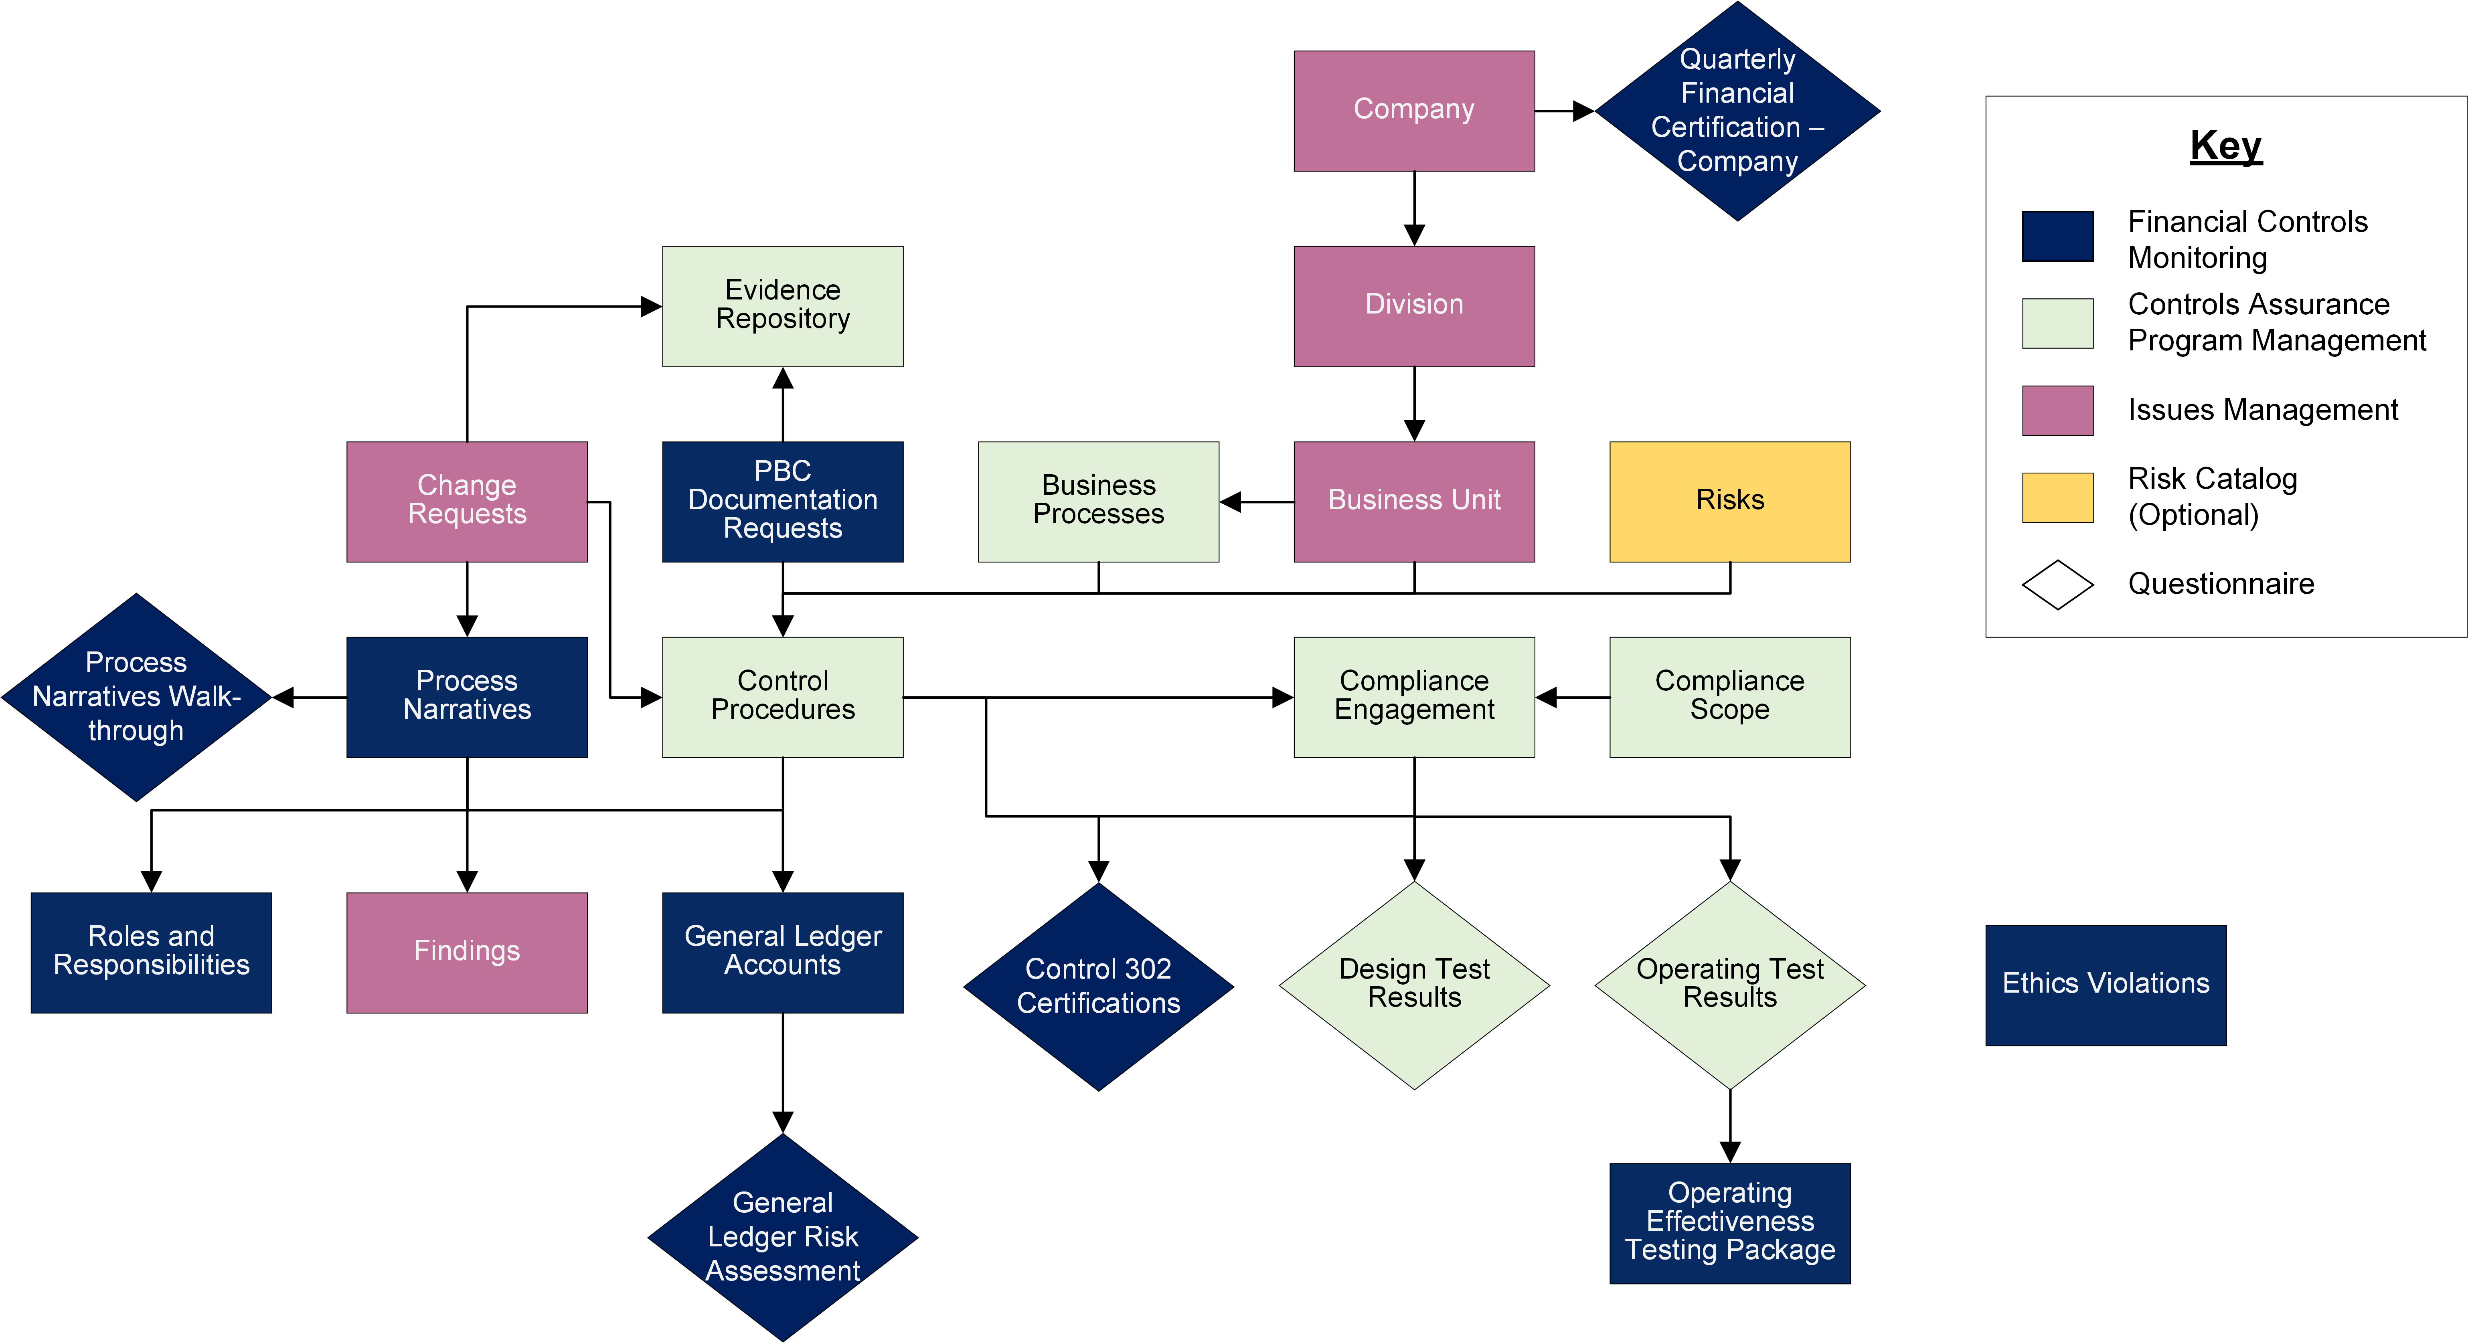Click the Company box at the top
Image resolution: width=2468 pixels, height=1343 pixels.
(x=1414, y=111)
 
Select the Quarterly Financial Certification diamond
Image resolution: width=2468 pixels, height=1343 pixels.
(x=1737, y=111)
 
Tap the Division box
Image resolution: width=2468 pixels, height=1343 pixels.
(x=1414, y=307)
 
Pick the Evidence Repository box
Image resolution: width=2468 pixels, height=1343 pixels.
(x=783, y=307)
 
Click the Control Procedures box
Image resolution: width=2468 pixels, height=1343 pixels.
(x=783, y=698)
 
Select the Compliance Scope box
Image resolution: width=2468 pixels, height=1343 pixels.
(x=1730, y=698)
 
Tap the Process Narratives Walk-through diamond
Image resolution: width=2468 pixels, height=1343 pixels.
(x=137, y=698)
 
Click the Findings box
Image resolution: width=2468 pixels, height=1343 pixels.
(x=467, y=952)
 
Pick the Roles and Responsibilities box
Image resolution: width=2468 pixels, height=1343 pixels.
(x=152, y=952)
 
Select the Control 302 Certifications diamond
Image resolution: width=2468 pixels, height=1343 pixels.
(x=1098, y=987)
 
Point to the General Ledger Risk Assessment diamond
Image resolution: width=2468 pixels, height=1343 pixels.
(x=783, y=1238)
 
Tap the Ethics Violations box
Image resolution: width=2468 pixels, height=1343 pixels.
(x=2106, y=985)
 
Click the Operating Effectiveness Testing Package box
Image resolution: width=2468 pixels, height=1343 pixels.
(x=1730, y=1223)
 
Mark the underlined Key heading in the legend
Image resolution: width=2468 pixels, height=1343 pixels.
(x=2225, y=146)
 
